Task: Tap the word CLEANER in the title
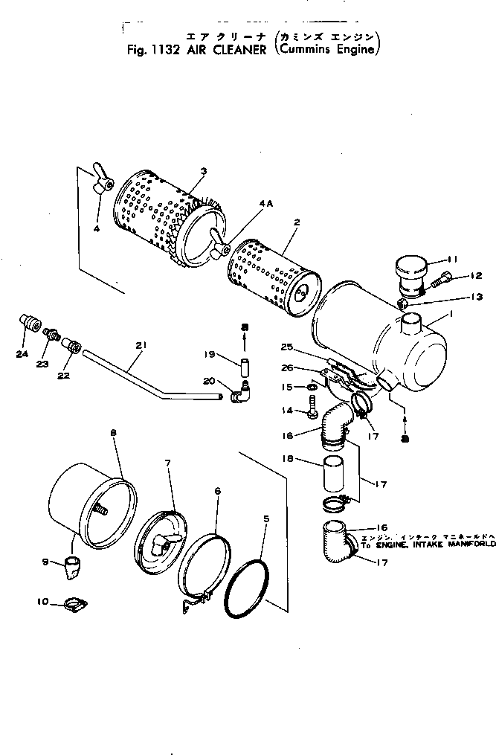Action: click(239, 51)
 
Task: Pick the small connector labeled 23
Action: click(51, 334)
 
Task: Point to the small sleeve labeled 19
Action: click(244, 367)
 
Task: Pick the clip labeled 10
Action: click(75, 603)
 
